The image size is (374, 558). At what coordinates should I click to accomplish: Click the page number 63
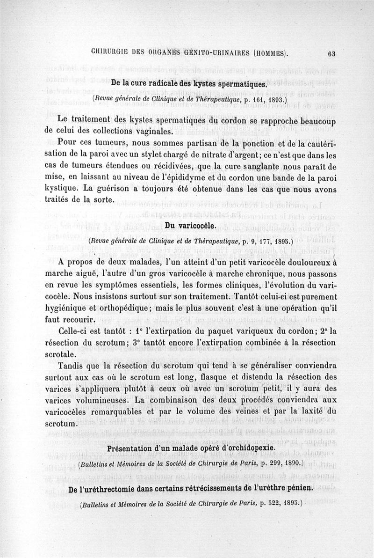coord(332,53)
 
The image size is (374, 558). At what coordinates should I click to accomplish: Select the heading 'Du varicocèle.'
coord(190,226)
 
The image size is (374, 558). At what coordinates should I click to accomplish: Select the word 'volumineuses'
coord(103,400)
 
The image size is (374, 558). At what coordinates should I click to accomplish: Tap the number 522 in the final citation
coord(262,503)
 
